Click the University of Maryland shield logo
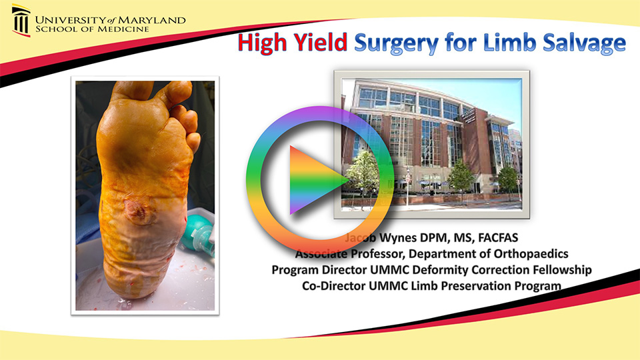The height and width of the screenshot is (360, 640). click(21, 21)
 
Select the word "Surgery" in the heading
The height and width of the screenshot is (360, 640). click(396, 43)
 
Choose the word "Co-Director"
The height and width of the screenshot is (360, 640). click(325, 286)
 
